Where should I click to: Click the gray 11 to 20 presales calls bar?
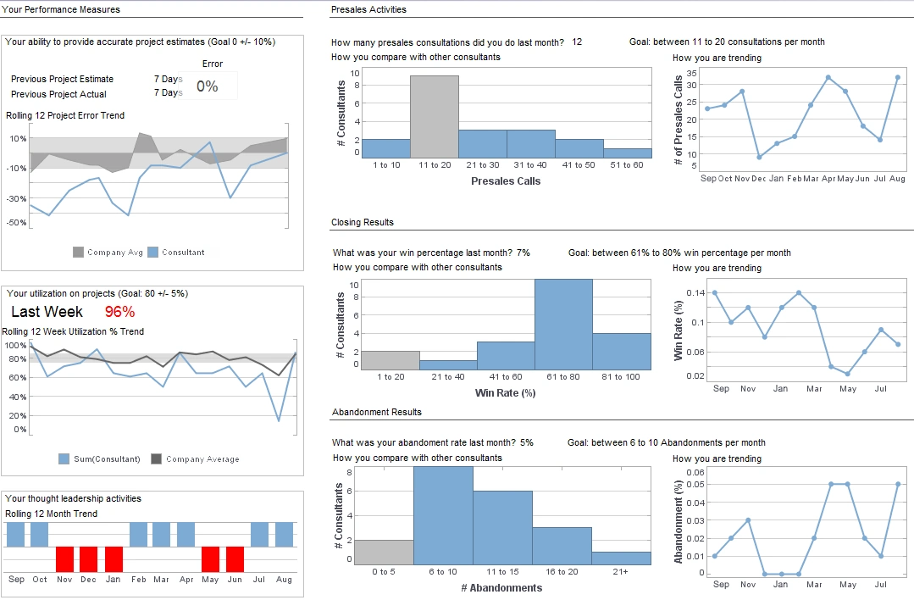[435, 117]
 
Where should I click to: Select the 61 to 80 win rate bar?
[563, 325]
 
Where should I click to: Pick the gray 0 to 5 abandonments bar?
[384, 552]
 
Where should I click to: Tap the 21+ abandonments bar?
[621, 558]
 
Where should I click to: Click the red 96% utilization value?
[120, 311]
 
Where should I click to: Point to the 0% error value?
[208, 86]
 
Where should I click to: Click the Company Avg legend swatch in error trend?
[79, 252]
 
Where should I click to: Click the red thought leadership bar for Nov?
[65, 559]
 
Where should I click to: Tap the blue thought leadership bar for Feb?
[138, 534]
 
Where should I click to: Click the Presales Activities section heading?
[368, 9]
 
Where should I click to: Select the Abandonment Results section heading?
[376, 412]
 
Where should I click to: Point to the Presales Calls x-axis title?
[505, 181]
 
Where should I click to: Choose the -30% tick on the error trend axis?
[17, 198]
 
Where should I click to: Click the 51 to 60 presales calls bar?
[627, 153]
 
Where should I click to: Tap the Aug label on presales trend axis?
[897, 179]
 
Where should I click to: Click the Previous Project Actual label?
[58, 94]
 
